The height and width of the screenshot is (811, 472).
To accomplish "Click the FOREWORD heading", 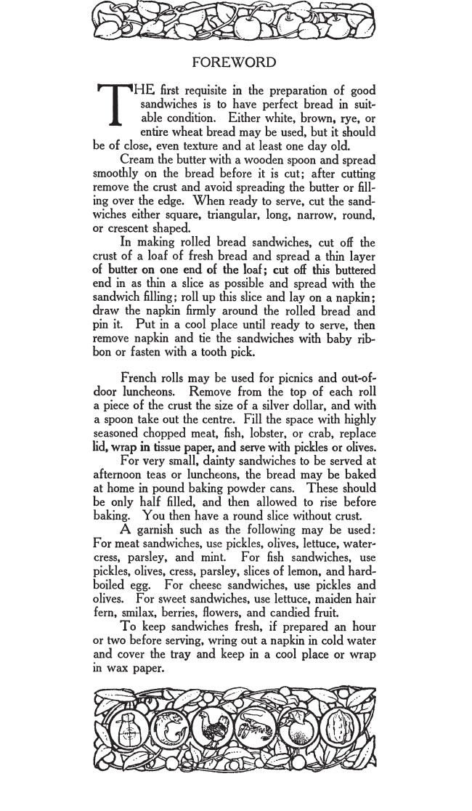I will point(236,62).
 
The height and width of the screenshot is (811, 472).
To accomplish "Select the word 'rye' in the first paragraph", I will point(349,118).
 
